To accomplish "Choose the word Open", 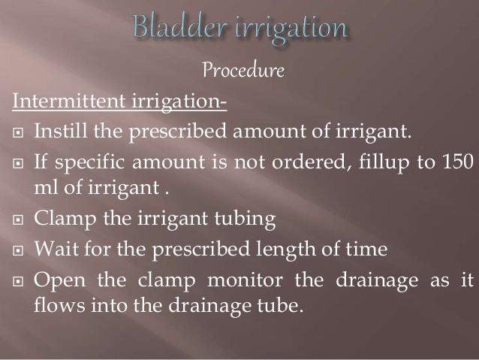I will (56, 280).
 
